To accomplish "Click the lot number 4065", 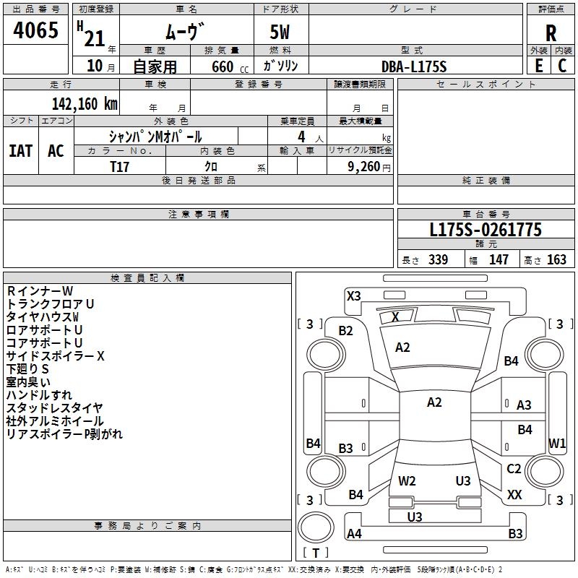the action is [36, 31].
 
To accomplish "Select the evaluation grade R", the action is [551, 33].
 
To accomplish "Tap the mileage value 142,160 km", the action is [85, 103].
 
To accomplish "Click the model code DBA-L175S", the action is [414, 66].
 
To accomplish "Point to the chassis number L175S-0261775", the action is [486, 230].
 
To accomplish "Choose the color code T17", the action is [120, 166].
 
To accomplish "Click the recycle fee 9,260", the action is [364, 167].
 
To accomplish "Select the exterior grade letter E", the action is [538, 66].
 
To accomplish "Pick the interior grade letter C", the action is [562, 66].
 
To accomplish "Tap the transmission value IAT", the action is [20, 150].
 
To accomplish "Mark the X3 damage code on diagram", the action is [354, 296].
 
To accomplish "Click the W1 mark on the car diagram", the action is [557, 443].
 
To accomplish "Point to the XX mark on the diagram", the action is [514, 495].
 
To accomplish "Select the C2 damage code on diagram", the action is [514, 469].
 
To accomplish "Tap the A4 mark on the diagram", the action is [354, 534].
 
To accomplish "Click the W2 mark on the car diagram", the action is [407, 481].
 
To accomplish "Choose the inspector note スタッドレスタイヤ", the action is [54, 408].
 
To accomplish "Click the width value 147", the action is [499, 260].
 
